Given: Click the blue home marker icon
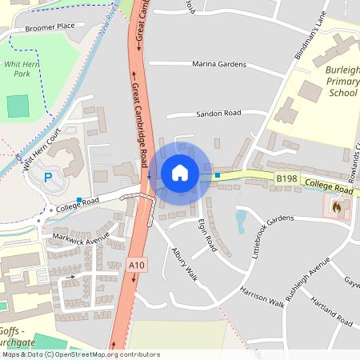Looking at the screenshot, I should tap(180, 172).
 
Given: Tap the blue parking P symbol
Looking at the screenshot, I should tap(48, 178).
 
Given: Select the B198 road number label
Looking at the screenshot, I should tap(286, 179).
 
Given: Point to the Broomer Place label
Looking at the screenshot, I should tap(50, 26).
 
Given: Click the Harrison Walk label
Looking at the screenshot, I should tap(262, 298).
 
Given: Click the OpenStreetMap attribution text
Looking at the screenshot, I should tap(80, 354).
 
